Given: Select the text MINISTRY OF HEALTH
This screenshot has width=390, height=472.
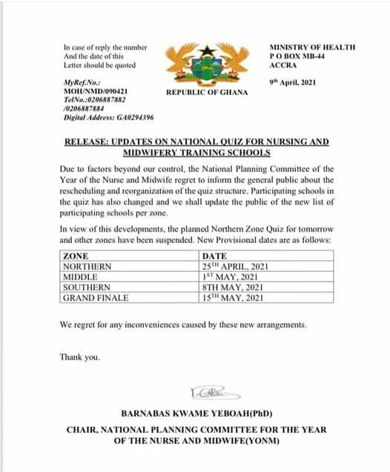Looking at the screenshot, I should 312,47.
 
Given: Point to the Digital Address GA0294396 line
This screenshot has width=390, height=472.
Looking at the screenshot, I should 108,117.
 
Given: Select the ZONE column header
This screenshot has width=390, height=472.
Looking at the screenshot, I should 76,256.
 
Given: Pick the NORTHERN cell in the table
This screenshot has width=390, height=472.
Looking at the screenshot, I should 87,266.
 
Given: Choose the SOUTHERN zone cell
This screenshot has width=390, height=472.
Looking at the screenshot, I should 87,287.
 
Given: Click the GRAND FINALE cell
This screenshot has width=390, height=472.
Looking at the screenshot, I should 96,297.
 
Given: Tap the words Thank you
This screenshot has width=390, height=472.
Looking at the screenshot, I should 79,356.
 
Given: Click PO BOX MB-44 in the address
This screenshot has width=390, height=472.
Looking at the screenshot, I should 298,56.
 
